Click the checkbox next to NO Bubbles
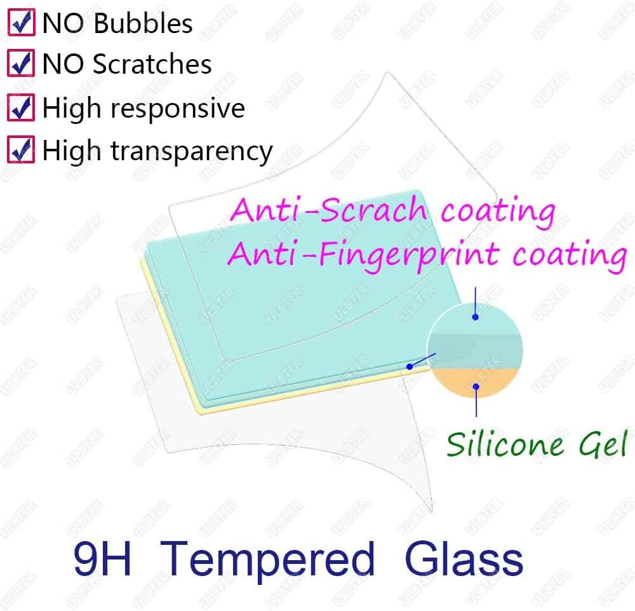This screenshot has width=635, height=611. click(x=21, y=24)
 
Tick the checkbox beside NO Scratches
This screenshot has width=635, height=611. click(x=21, y=64)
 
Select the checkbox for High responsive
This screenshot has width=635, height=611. click(x=21, y=108)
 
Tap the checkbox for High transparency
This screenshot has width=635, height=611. click(x=21, y=151)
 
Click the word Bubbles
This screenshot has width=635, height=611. click(x=143, y=24)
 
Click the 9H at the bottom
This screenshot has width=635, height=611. click(x=102, y=560)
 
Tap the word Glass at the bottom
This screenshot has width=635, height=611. click(x=463, y=560)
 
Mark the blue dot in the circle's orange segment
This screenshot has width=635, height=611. click(x=475, y=385)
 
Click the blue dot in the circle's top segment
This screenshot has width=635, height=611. click(x=475, y=317)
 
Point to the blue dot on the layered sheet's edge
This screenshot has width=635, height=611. click(x=410, y=367)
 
